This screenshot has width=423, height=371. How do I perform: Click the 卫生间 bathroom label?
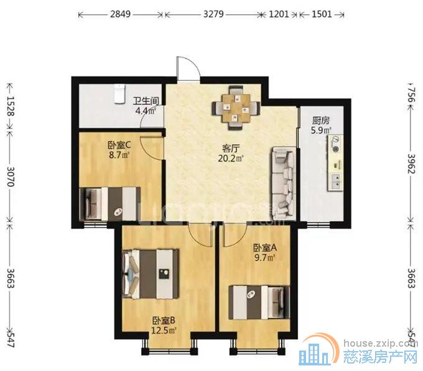(147, 100)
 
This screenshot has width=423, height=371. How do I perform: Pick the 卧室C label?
(118, 147)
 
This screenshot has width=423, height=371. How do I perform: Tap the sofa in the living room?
(283, 180)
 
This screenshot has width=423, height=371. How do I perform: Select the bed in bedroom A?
(258, 301)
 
